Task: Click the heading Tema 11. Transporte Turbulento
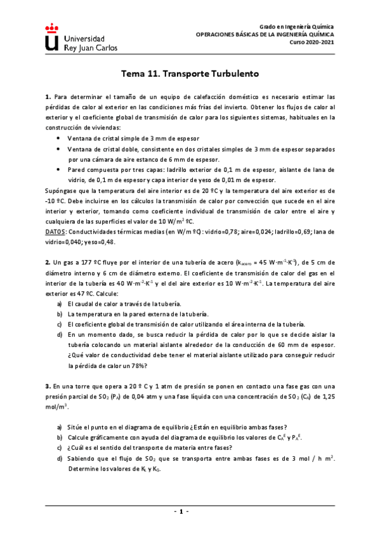[x=190, y=74]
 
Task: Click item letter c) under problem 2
[x=60, y=324]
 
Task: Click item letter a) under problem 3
[x=60, y=427]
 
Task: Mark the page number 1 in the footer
[x=190, y=511]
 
